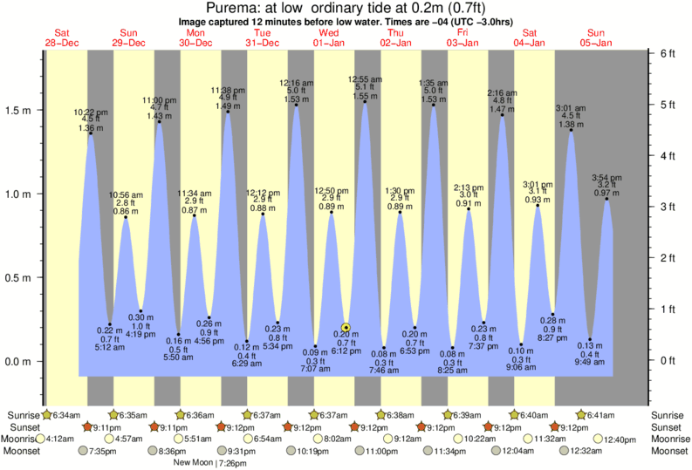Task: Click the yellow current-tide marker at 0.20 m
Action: (346, 328)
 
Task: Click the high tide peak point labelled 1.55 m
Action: (365, 101)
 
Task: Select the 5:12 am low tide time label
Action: (107, 347)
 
